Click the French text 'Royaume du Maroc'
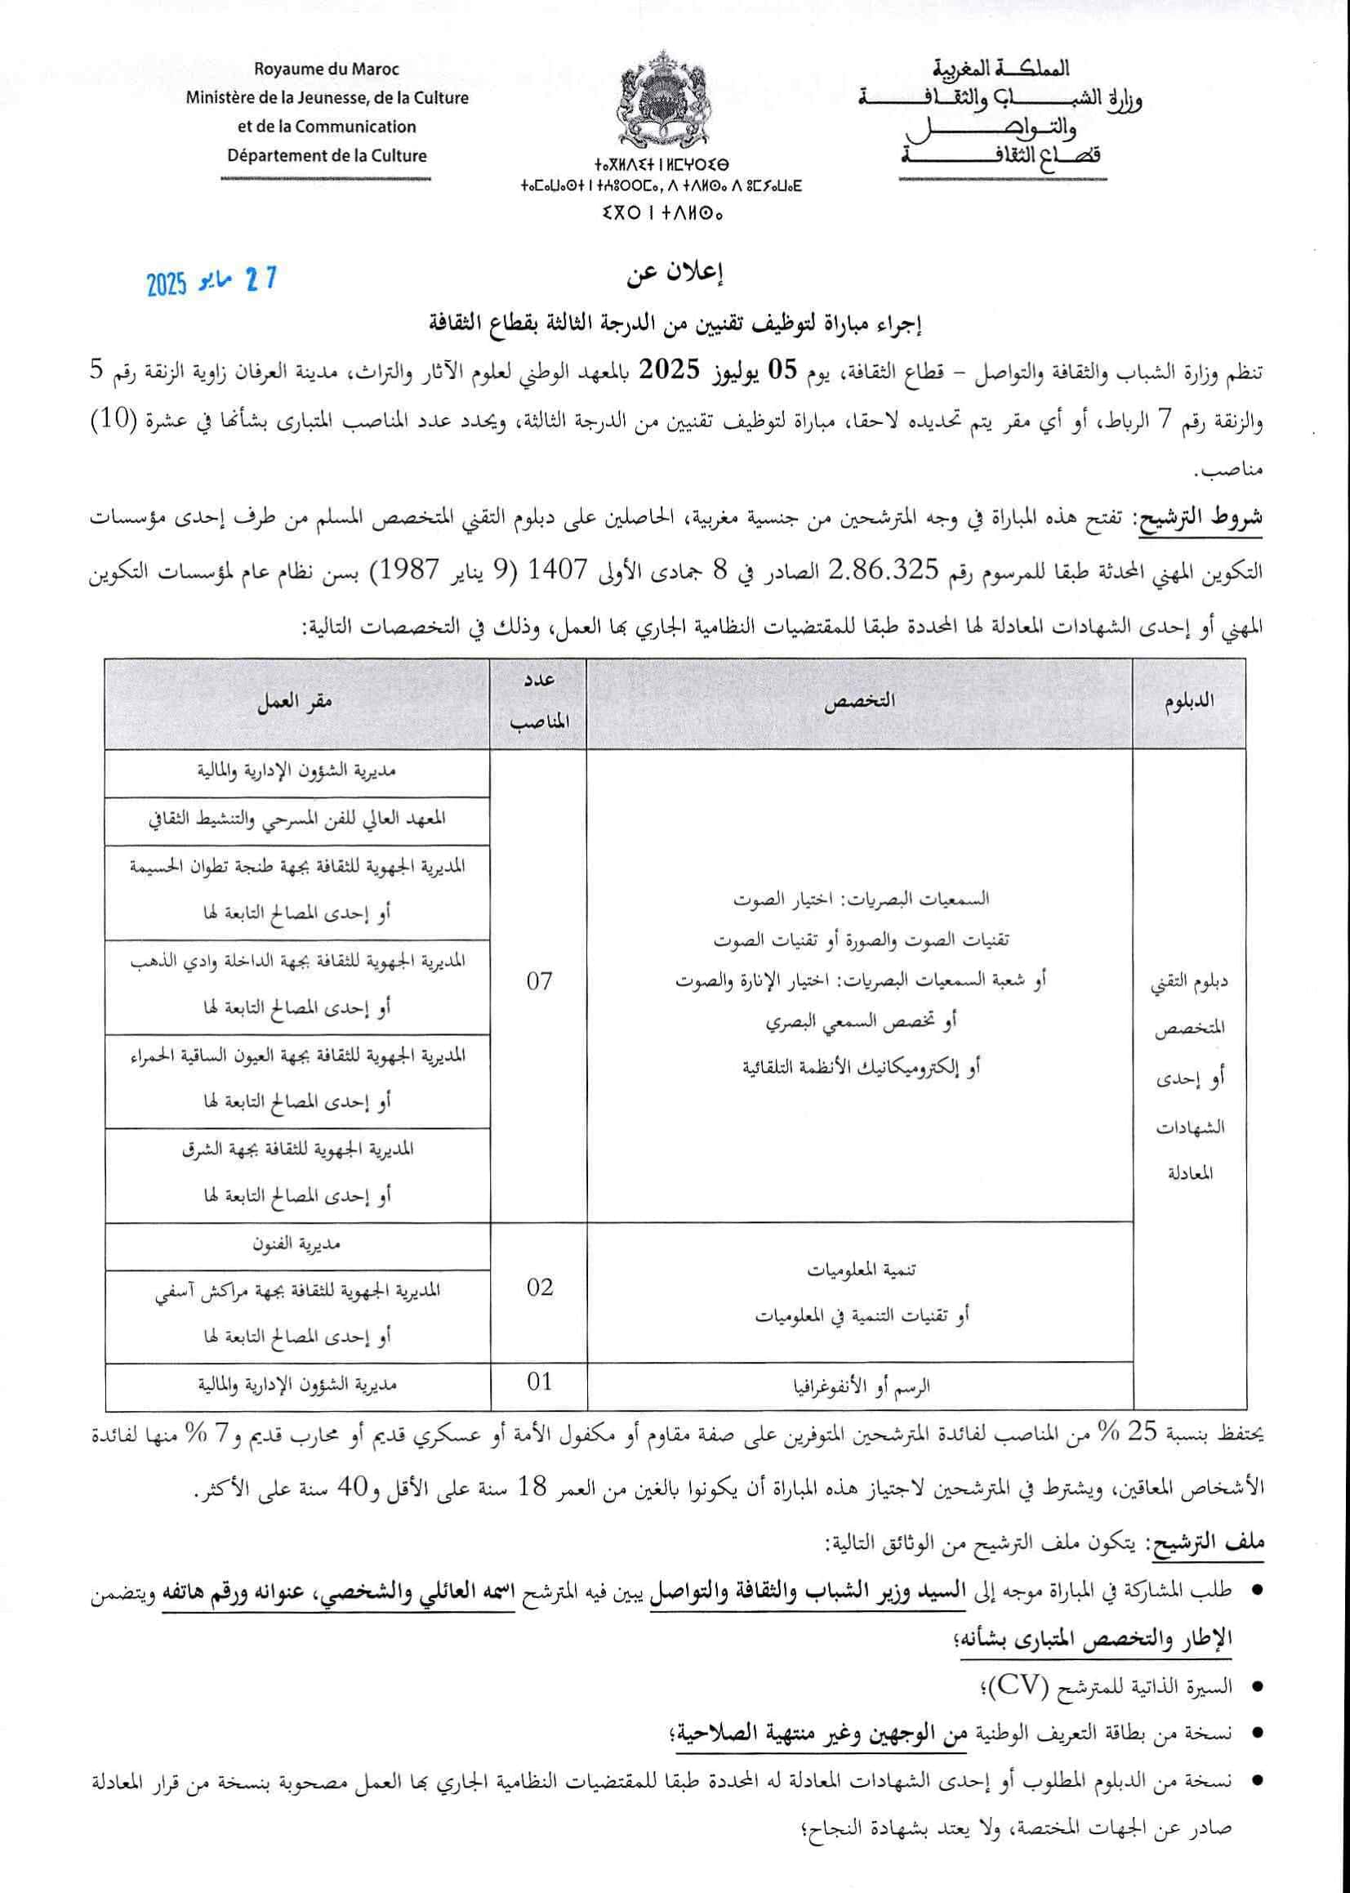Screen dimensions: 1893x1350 [x=327, y=69]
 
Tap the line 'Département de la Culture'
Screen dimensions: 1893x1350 [x=327, y=155]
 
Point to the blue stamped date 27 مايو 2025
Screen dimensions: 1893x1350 [x=212, y=282]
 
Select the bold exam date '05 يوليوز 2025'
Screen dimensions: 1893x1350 [x=701, y=371]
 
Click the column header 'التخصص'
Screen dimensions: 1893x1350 [x=858, y=701]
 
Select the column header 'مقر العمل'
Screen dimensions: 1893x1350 [x=294, y=702]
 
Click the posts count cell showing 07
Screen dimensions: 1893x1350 [x=539, y=982]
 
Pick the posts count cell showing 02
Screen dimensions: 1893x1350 [x=539, y=1288]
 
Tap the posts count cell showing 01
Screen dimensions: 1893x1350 [x=539, y=1382]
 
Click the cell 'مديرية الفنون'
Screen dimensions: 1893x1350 [x=296, y=1244]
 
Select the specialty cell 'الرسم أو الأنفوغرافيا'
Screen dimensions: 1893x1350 [x=858, y=1386]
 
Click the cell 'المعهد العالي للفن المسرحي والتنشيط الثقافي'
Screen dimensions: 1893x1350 [x=296, y=819]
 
